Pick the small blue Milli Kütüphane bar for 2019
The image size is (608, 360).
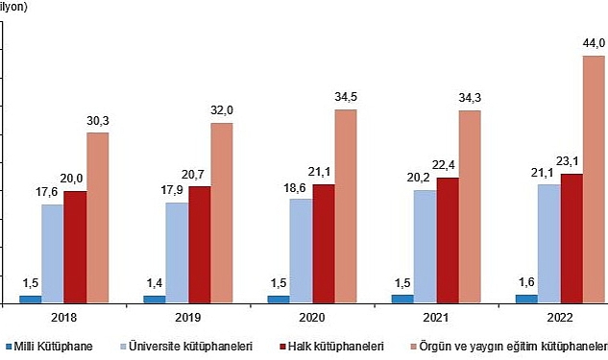click(x=154, y=299)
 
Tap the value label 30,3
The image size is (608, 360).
click(x=98, y=120)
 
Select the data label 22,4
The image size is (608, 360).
click(x=449, y=165)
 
